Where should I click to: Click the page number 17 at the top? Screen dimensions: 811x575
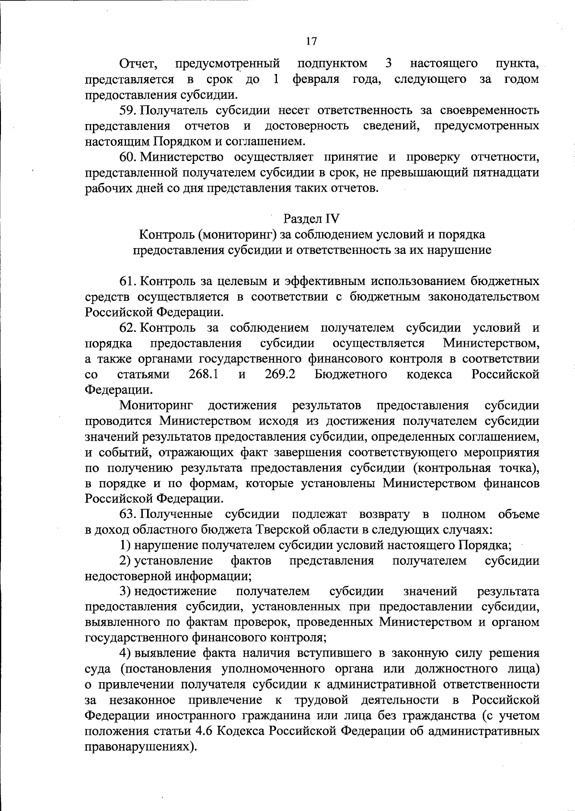click(x=311, y=41)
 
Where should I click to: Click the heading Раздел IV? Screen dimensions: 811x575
click(x=311, y=218)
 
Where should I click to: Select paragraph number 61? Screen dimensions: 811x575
click(x=127, y=281)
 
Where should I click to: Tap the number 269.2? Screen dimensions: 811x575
click(x=280, y=374)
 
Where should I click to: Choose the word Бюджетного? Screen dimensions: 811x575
click(x=351, y=374)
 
